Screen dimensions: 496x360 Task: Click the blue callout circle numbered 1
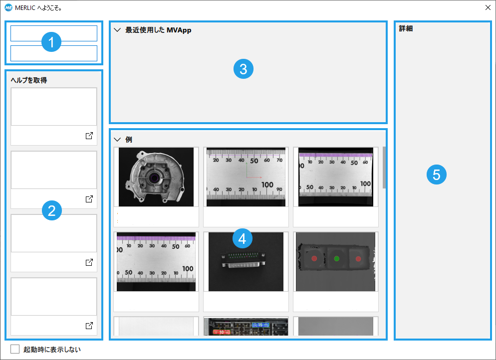click(x=51, y=42)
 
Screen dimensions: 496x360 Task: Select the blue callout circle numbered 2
click(x=52, y=210)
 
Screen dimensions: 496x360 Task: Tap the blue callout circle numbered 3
click(x=243, y=69)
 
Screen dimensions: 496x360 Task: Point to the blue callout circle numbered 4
click(x=243, y=239)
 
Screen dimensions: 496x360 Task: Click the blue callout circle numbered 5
click(x=437, y=175)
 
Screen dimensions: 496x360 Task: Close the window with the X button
click(x=488, y=7)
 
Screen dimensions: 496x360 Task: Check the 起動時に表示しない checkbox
click(x=15, y=349)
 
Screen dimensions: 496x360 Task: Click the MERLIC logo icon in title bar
click(x=8, y=7)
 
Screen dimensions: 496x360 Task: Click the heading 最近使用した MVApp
click(x=158, y=30)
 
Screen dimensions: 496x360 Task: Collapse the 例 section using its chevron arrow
click(x=117, y=140)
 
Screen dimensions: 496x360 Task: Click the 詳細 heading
click(x=406, y=28)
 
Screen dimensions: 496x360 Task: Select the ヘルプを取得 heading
click(x=29, y=80)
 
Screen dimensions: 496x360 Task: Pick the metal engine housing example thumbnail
click(x=156, y=177)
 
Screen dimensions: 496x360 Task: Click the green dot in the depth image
click(x=336, y=259)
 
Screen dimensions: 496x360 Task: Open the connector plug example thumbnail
click(x=246, y=262)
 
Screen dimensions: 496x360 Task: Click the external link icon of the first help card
click(x=89, y=136)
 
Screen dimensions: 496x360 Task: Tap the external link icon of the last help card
click(x=89, y=325)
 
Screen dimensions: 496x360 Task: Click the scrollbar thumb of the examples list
click(x=384, y=168)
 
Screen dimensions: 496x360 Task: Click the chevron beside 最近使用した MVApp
click(x=117, y=30)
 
